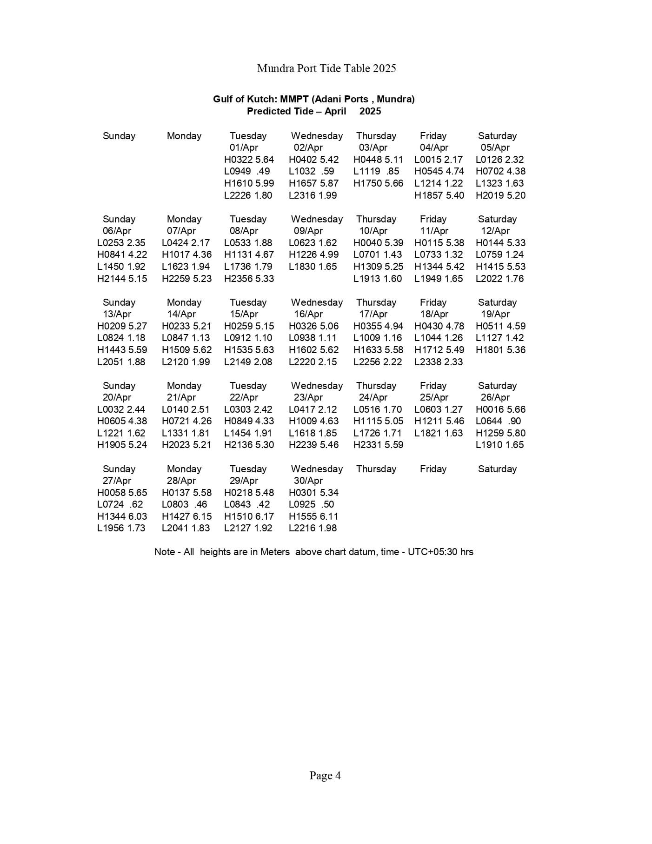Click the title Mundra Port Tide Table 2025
[326, 68]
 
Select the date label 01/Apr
[243, 147]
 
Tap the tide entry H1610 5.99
[249, 183]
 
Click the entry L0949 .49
[247, 171]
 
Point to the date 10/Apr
[373, 231]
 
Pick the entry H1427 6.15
[186, 516]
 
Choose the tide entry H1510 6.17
[249, 516]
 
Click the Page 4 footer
[325, 776]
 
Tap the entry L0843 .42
[247, 504]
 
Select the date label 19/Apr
[495, 314]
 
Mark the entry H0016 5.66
[500, 409]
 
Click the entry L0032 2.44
[121, 409]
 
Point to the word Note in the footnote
[165, 552]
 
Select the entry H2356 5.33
[249, 279]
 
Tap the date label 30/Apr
[308, 481]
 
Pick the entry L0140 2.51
[186, 409]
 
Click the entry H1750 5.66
[378, 183]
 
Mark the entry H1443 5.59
[122, 350]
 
